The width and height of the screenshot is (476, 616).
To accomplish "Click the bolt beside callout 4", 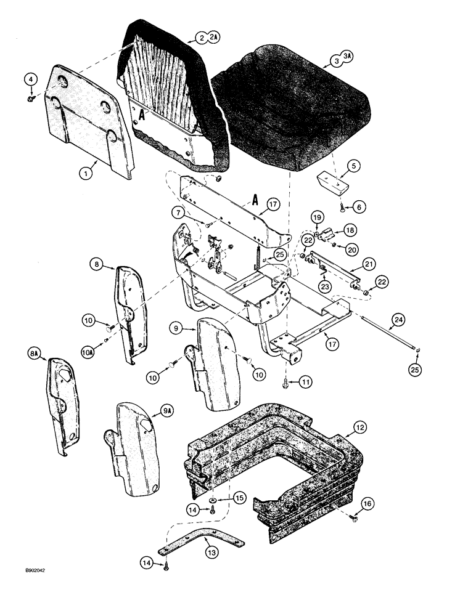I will click(x=31, y=97).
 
